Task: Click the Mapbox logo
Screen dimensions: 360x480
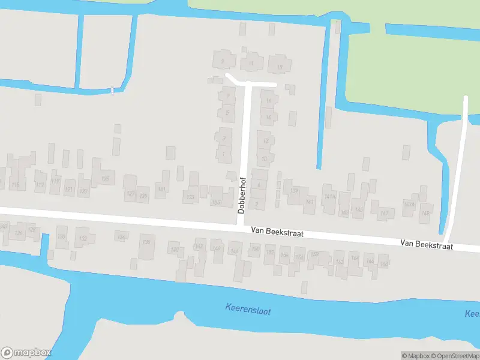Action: coord(26,353)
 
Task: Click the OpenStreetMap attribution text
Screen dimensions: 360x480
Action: coord(454,356)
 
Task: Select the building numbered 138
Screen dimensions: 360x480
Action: coord(146,242)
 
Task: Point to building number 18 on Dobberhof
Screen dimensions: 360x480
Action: coord(279,67)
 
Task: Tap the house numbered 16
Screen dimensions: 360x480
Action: coord(268,101)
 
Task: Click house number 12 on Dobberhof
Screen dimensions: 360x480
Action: coord(265,141)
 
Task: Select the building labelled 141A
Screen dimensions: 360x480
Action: coord(329,197)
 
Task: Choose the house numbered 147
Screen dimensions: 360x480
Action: coord(385,213)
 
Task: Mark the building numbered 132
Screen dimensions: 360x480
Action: coord(83,239)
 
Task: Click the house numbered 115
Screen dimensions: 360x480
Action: coord(16,185)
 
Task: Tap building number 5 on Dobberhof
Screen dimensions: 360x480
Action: coord(226,112)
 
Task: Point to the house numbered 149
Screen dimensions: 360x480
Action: coord(426,214)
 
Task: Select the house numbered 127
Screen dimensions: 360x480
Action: coord(130,193)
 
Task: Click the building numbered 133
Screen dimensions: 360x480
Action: coord(191,197)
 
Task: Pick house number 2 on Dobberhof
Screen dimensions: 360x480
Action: coord(257,205)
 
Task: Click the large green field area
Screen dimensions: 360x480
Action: coord(414,66)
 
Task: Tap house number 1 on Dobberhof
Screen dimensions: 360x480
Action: coord(223,155)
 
